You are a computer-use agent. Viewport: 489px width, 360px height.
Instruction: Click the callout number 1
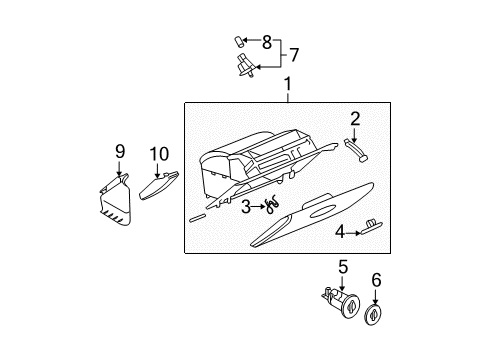point(288,87)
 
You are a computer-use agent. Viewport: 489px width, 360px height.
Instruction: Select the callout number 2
point(354,118)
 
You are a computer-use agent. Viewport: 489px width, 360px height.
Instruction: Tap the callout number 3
point(246,206)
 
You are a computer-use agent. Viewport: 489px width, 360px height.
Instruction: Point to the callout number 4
point(341,232)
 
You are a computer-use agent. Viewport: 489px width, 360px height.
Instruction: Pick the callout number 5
point(342,267)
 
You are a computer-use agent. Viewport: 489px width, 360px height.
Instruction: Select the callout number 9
point(120,151)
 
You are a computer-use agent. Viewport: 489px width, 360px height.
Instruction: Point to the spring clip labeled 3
point(271,207)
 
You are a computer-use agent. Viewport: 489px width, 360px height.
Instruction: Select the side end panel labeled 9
point(117,201)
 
